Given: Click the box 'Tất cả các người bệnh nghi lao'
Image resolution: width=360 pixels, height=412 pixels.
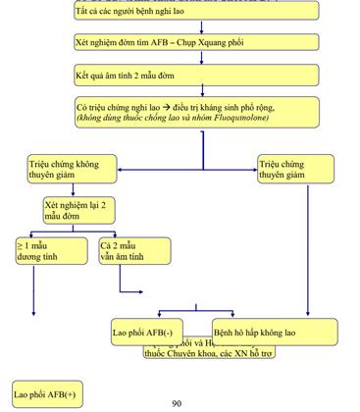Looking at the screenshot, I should [196, 11].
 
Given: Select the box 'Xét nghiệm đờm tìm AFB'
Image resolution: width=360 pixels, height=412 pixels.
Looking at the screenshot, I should [196, 43].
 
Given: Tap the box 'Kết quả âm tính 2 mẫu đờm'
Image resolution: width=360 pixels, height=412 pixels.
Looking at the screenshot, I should [196, 76].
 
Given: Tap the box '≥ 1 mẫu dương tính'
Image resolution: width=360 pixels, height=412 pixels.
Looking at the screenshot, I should [44, 250].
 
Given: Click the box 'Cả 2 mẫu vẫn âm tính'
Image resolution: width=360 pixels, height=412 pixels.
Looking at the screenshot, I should [128, 250].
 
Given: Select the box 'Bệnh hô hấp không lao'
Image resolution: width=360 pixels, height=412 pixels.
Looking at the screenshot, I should [275, 332].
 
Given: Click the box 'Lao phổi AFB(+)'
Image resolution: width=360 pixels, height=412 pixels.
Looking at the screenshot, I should [43, 393].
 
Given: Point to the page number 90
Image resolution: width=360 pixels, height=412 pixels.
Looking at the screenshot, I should [177, 403].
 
